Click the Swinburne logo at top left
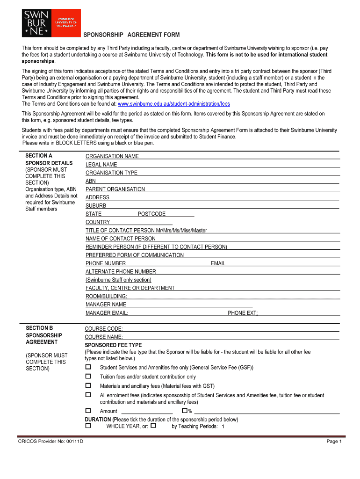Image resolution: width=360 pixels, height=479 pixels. pyautogui.click(x=50, y=23)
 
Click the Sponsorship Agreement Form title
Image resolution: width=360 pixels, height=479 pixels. pyautogui.click(x=131, y=35)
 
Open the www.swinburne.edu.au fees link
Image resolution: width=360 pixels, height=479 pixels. pyautogui.click(x=173, y=104)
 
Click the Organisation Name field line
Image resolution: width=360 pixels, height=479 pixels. pyautogui.click(x=238, y=156)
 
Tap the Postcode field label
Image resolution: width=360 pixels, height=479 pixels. pyautogui.click(x=151, y=214)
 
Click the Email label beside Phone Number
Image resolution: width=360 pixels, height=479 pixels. pyautogui.click(x=218, y=263)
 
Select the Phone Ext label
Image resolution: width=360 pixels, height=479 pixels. pyautogui.click(x=242, y=313)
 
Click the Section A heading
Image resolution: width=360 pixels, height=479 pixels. pyautogui.click(x=39, y=156)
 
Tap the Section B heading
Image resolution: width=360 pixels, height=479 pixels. pyautogui.click(x=39, y=328)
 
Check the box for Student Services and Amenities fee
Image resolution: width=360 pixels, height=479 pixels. pyautogui.click(x=88, y=367)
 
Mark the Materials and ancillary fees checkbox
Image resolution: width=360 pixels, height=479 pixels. pyautogui.click(x=88, y=386)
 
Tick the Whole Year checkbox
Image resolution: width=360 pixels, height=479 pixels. pyautogui.click(x=88, y=426)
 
